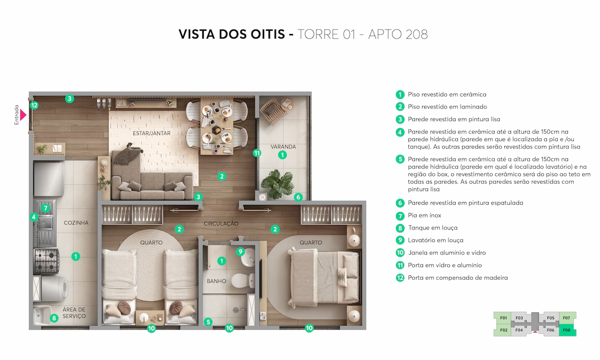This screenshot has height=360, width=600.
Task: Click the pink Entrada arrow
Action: pyautogui.click(x=23, y=115)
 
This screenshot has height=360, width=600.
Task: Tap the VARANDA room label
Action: pyautogui.click(x=283, y=147)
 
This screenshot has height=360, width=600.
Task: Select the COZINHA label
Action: pyautogui.click(x=76, y=223)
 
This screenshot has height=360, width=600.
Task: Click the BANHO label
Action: pyautogui.click(x=216, y=281)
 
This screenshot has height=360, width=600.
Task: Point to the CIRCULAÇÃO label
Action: pyautogui.click(x=220, y=223)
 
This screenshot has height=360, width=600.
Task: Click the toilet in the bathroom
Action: pyautogui.click(x=243, y=280)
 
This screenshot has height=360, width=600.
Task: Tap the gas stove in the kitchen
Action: pyautogui.click(x=46, y=261)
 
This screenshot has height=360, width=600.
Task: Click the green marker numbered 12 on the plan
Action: pyautogui.click(x=34, y=105)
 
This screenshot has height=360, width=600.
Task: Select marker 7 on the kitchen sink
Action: pyautogui.click(x=45, y=208)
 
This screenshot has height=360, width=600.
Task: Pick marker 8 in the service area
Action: pyautogui.click(x=54, y=318)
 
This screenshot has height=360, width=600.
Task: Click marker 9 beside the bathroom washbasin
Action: pyautogui.click(x=240, y=251)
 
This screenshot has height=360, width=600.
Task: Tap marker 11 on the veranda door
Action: pyautogui.click(x=257, y=153)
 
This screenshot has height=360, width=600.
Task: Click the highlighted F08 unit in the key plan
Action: pyautogui.click(x=567, y=330)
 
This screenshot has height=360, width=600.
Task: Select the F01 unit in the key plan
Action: pyautogui.click(x=502, y=318)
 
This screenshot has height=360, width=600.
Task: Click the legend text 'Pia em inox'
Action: pyautogui.click(x=424, y=215)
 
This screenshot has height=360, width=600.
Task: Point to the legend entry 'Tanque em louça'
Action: pyautogui.click(x=433, y=228)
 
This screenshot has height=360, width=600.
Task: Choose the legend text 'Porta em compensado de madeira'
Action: pyautogui.click(x=458, y=278)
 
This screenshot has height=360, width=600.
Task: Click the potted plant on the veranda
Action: pyautogui.click(x=277, y=184)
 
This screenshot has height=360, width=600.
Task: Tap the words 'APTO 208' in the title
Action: pyautogui.click(x=398, y=34)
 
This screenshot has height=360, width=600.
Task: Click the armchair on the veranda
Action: pyautogui.click(x=272, y=111)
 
